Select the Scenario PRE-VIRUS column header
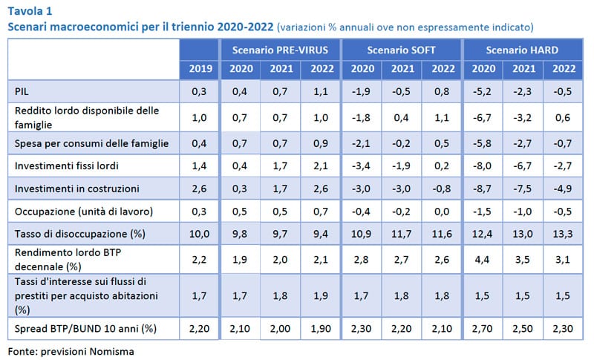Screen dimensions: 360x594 click(x=279, y=50)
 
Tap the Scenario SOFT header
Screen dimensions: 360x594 click(x=401, y=50)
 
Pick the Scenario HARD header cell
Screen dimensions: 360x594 click(x=522, y=50)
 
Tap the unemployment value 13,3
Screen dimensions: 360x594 click(x=563, y=234)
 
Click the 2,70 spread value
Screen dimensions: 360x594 click(x=482, y=327)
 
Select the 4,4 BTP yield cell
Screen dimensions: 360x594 click(x=482, y=259)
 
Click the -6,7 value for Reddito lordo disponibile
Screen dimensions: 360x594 click(x=482, y=116)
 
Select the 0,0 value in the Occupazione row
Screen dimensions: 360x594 click(x=441, y=212)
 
